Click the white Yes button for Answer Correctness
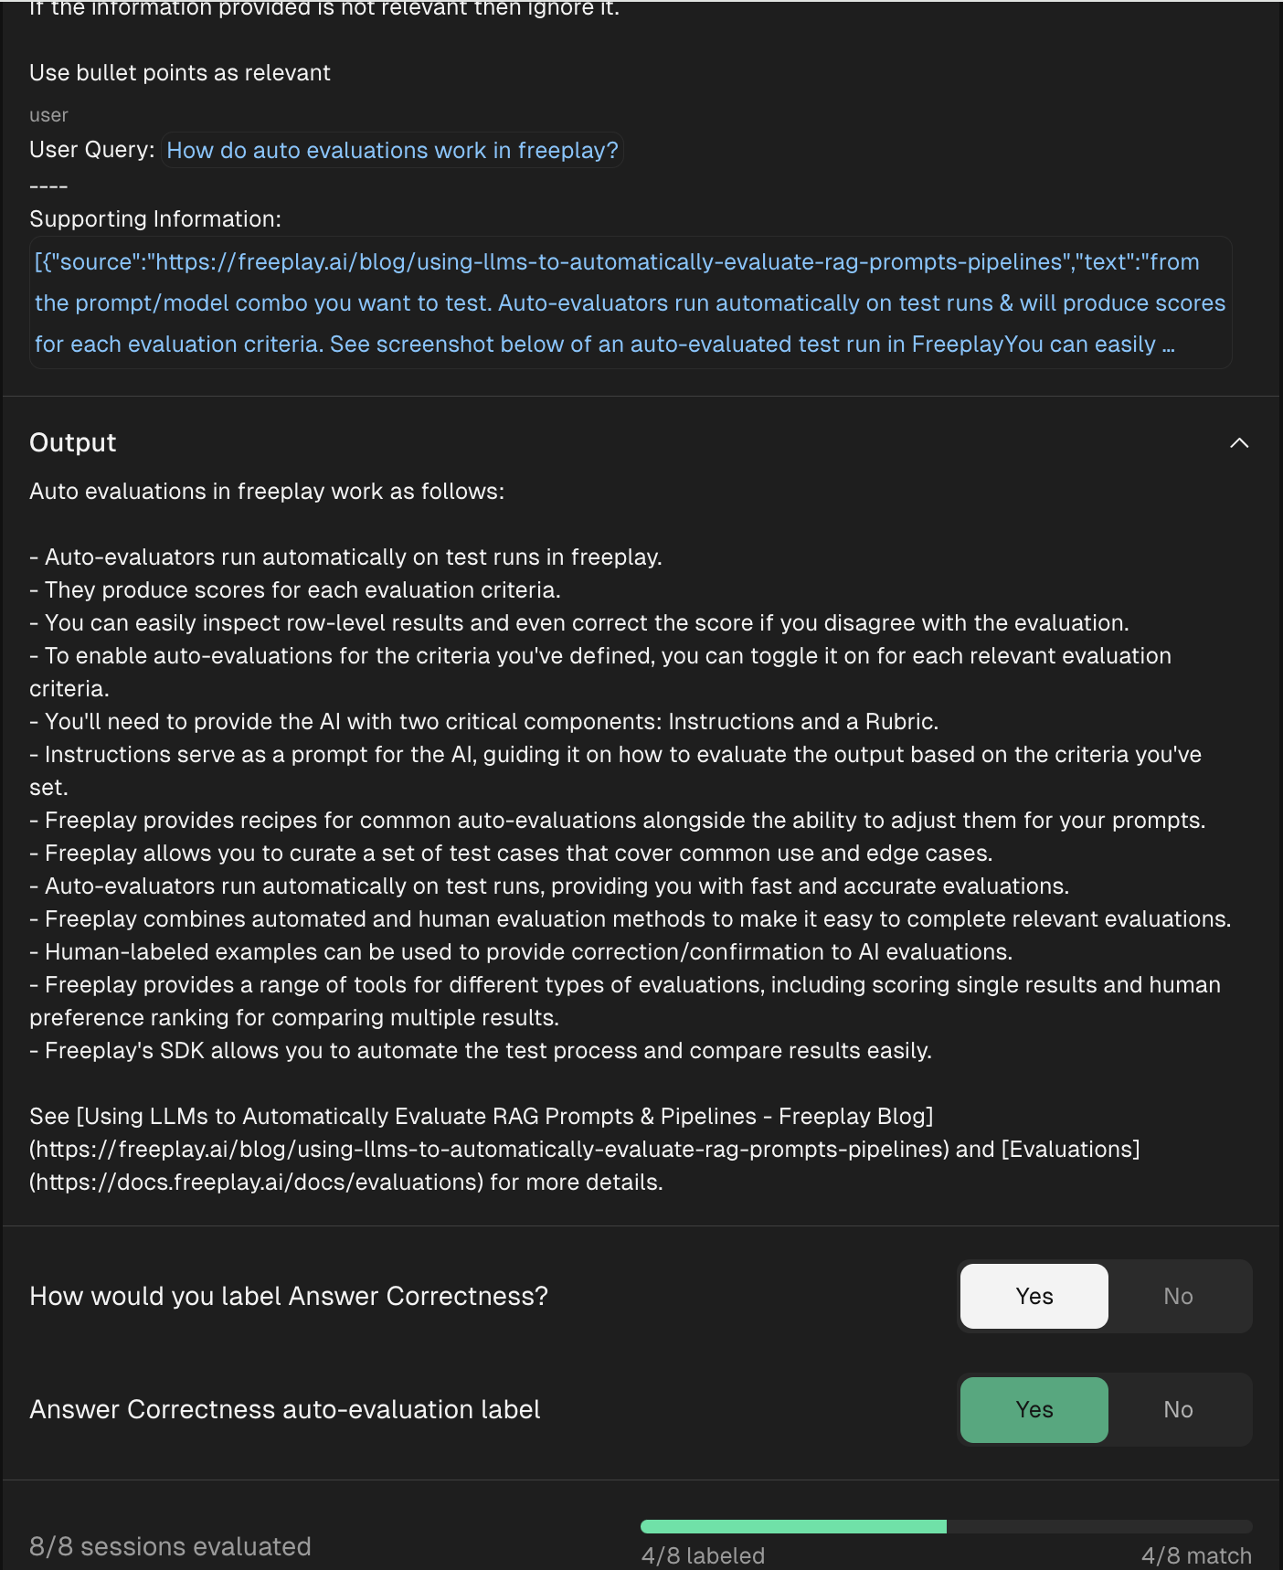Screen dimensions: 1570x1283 point(1034,1296)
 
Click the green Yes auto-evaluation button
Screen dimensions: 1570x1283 point(1034,1409)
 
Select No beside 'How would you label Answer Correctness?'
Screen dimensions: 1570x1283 point(1178,1296)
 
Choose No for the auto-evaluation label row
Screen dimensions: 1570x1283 point(1178,1409)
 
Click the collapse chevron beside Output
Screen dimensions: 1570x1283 point(1238,443)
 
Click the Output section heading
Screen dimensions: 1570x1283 point(73,443)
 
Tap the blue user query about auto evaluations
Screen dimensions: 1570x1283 point(392,150)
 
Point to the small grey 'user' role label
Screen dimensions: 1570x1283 point(48,115)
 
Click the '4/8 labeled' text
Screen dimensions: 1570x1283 point(703,1555)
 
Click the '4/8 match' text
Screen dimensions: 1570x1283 point(1195,1555)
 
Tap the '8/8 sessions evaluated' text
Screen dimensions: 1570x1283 point(170,1546)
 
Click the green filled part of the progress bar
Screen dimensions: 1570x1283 point(793,1526)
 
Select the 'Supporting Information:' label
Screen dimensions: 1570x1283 point(155,219)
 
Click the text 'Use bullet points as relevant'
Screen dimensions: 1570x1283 point(180,73)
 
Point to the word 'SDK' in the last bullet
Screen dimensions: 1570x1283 point(182,1051)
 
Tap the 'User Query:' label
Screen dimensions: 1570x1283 point(91,150)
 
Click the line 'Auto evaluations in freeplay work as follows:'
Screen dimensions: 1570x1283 point(267,492)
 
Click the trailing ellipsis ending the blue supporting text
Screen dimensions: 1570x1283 point(1168,345)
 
